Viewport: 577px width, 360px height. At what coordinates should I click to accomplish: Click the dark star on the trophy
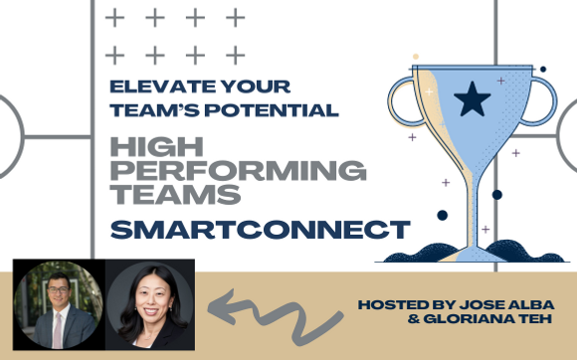click(467, 99)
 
